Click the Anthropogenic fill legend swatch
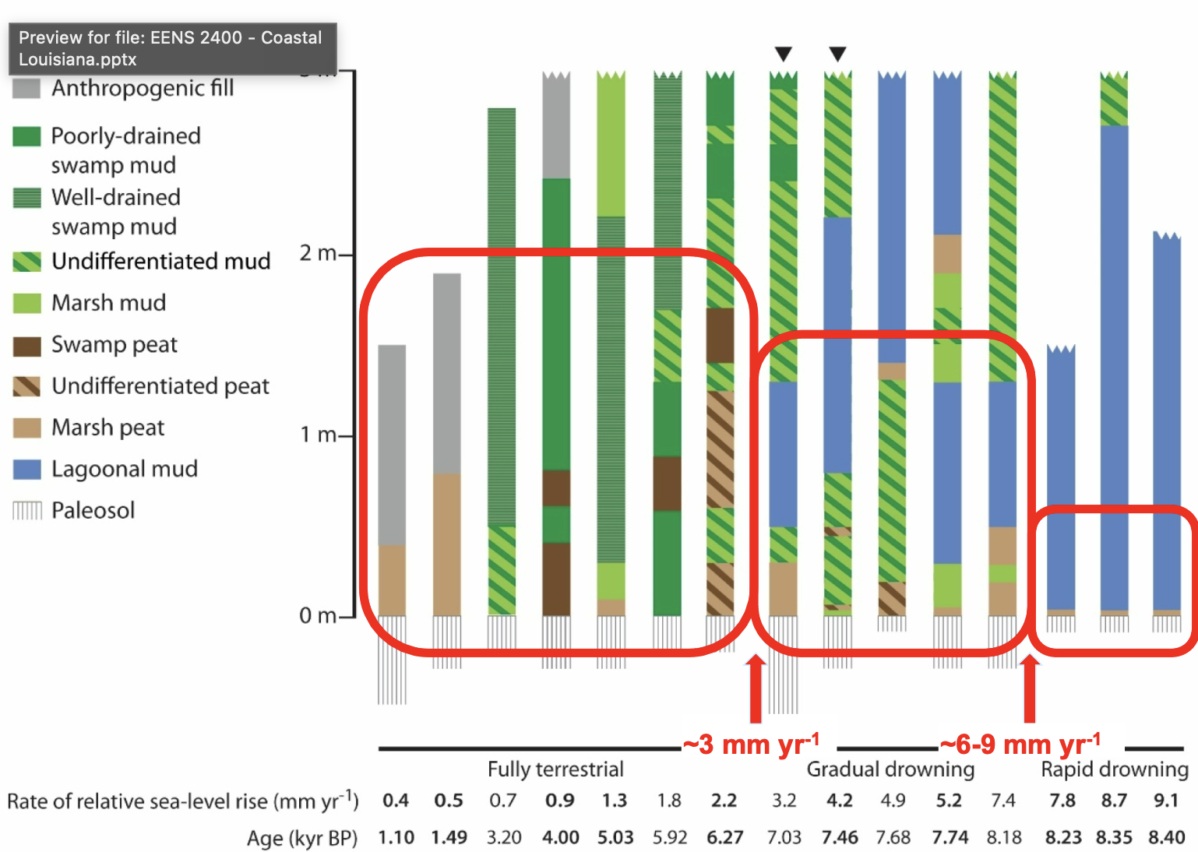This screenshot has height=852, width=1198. (26, 88)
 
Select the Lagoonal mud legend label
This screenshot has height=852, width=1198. (125, 469)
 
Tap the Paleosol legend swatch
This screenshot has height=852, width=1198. (26, 511)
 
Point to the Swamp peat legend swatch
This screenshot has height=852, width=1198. (26, 345)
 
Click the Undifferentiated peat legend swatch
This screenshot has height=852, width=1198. (26, 386)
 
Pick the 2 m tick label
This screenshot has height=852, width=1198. (318, 253)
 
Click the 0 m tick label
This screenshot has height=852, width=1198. (318, 616)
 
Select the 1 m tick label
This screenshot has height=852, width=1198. (318, 435)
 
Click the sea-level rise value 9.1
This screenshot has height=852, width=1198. (1166, 801)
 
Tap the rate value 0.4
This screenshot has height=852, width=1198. (396, 801)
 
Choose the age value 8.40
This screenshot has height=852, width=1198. (1166, 838)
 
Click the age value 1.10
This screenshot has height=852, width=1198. (396, 838)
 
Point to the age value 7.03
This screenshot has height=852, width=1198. (784, 838)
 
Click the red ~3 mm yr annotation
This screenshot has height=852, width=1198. (751, 745)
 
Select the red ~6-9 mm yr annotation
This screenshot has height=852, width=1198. (1020, 745)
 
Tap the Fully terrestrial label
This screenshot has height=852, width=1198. (555, 769)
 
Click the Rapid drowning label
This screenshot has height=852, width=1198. (1115, 769)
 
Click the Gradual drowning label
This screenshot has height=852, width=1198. (890, 769)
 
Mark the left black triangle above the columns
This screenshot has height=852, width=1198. (784, 54)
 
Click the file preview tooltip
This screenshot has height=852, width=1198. (172, 48)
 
